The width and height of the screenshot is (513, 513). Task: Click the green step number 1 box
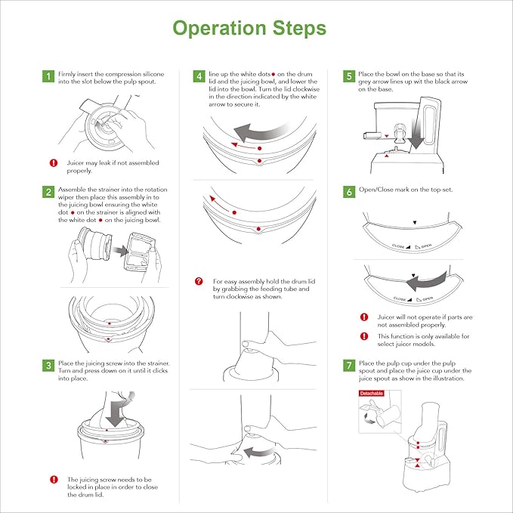tap(48, 76)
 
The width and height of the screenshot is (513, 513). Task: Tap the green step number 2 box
tap(48, 192)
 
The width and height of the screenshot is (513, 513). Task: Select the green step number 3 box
tap(48, 366)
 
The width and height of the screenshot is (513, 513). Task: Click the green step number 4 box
tap(199, 76)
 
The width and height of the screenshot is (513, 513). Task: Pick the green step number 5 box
tap(349, 76)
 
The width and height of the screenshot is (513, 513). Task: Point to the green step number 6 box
tap(349, 192)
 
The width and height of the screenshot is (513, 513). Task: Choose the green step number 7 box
tap(349, 366)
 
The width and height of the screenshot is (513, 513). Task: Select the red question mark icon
tap(199, 281)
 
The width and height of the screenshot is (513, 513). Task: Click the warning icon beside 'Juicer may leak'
tap(54, 162)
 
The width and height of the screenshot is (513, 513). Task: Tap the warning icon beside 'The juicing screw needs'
tap(54, 480)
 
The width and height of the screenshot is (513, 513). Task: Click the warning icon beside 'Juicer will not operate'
tap(363, 317)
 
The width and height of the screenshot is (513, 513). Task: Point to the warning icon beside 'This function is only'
tap(363, 336)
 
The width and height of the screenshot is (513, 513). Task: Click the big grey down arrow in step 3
tap(116, 411)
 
